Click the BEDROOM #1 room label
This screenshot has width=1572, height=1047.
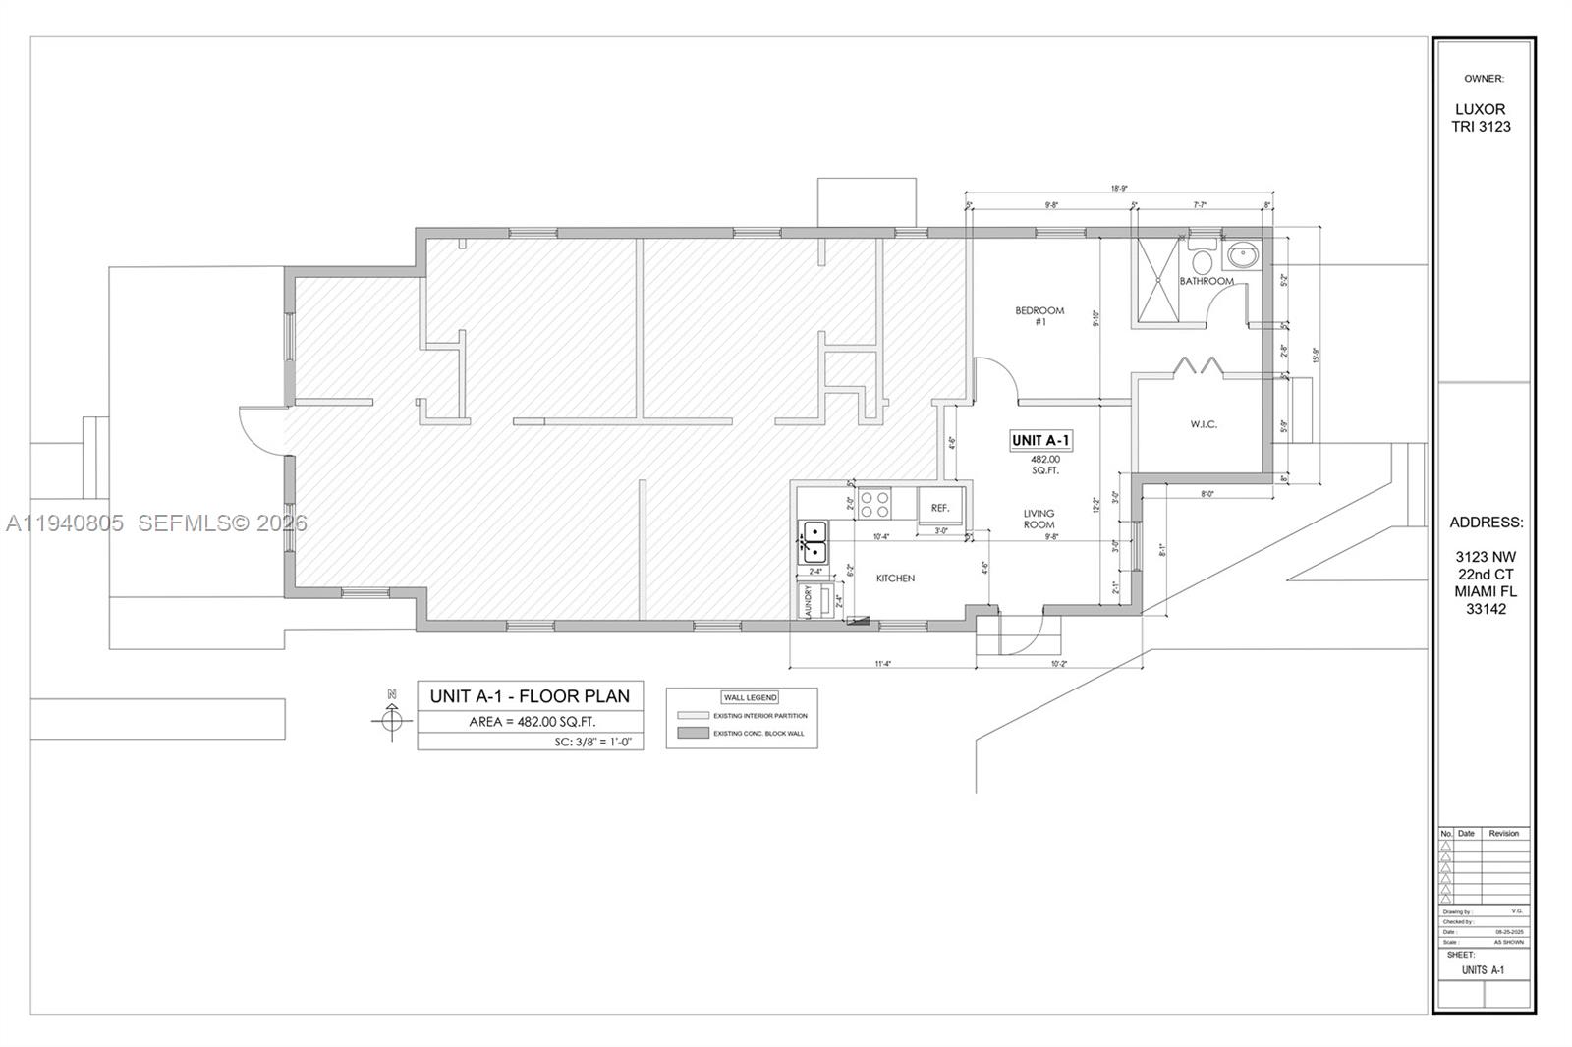(1039, 316)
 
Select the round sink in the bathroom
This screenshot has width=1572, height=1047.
(1242, 256)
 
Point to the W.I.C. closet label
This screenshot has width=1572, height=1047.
(1204, 424)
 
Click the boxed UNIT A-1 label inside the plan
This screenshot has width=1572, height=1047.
(1040, 441)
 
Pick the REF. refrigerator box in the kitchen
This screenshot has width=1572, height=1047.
(940, 508)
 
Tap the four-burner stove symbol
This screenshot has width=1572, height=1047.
(874, 505)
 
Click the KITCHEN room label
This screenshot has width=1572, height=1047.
(895, 579)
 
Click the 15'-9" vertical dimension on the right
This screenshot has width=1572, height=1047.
(1315, 355)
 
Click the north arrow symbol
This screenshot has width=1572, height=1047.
(392, 720)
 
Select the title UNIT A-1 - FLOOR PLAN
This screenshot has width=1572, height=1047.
(530, 696)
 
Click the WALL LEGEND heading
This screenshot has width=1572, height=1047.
(750, 697)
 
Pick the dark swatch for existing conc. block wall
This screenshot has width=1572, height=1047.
(692, 733)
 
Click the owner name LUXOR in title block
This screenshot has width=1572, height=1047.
(1480, 109)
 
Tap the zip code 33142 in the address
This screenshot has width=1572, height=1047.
(1486, 609)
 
